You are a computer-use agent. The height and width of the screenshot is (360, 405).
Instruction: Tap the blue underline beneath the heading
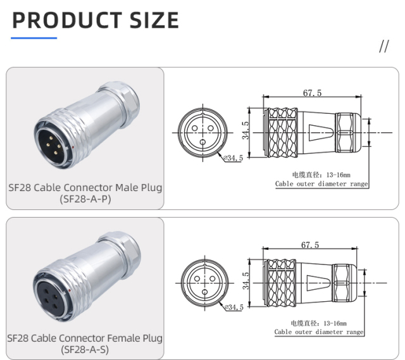coord(35,38)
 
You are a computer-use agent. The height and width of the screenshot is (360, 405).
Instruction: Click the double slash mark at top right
coord(383,47)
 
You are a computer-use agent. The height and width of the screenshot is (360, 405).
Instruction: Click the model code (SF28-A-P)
coord(85,199)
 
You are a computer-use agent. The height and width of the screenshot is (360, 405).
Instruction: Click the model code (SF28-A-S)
coord(85,350)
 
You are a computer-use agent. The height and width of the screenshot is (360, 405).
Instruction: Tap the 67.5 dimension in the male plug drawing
coord(312,93)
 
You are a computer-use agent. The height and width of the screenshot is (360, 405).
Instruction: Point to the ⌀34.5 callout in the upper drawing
coord(232,158)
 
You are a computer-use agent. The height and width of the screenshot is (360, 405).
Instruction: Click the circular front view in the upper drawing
coord(202,133)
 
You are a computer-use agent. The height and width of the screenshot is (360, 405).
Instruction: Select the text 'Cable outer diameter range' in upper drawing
coord(321,184)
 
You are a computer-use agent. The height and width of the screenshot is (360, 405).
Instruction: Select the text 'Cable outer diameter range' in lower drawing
coord(319,332)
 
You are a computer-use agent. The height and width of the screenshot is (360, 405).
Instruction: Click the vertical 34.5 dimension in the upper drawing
coord(246,133)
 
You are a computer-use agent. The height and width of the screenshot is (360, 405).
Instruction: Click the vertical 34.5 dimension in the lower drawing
coord(247,282)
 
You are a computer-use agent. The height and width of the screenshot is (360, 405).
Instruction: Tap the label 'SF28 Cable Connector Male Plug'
coord(85,187)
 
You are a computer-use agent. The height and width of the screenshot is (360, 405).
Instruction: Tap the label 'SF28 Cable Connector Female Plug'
coord(85,338)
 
